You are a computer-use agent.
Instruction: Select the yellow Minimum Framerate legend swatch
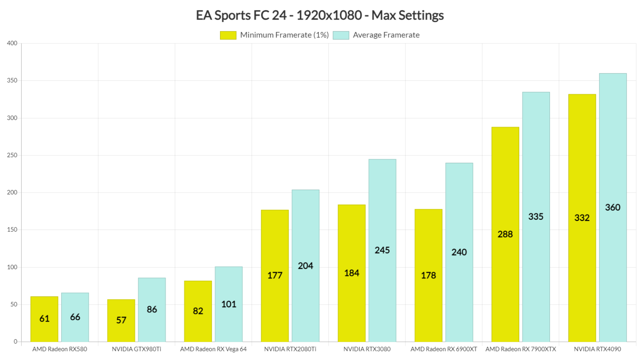(x=228, y=35)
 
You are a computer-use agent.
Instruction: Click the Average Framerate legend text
(x=386, y=35)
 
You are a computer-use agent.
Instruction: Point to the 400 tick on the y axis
(x=12, y=43)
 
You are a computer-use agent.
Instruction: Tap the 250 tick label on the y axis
(x=12, y=155)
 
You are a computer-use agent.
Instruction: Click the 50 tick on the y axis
(x=14, y=305)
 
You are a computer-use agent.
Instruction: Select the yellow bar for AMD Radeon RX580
(x=44, y=319)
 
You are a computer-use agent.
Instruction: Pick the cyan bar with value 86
(x=152, y=310)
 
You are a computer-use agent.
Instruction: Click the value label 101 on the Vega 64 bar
(x=229, y=305)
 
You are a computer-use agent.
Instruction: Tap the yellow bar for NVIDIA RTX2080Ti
(x=275, y=276)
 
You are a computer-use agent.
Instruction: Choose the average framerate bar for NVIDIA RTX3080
(x=382, y=250)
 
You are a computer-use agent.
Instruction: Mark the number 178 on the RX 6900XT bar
(x=428, y=275)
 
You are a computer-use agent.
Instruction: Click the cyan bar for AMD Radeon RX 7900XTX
(x=536, y=217)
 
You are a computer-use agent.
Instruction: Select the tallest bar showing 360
(x=612, y=207)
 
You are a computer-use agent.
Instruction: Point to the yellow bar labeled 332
(x=582, y=218)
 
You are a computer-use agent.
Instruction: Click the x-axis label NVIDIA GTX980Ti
(x=136, y=349)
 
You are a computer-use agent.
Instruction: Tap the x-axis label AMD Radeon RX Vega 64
(x=213, y=349)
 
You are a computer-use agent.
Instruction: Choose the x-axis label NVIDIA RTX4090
(x=597, y=349)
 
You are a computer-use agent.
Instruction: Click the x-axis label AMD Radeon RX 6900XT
(x=444, y=349)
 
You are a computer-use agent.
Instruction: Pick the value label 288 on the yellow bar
(x=505, y=234)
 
